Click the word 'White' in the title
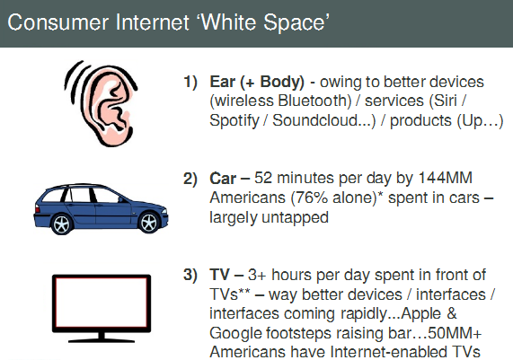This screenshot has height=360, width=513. click(228, 22)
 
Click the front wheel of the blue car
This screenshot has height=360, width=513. click(149, 223)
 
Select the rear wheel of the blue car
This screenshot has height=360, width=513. click(61, 224)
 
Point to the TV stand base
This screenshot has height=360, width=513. click(102, 339)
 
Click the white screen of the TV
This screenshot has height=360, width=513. click(102, 303)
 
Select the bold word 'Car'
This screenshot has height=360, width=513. click(223, 179)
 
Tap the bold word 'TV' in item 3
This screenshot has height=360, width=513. click(219, 275)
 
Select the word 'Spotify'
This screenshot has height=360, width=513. click(234, 121)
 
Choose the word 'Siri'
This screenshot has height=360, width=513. click(446, 101)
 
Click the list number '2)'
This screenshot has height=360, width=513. click(190, 179)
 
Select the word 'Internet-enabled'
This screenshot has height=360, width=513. click(387, 352)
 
